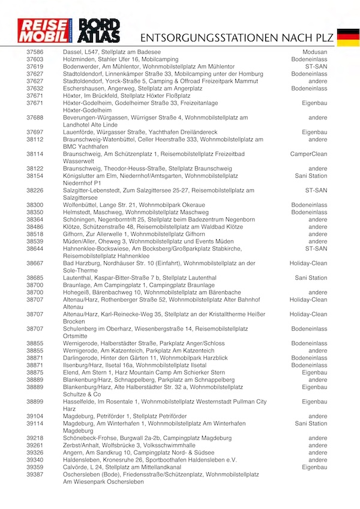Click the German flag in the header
click(347, 37)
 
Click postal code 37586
click(35, 53)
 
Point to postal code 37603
click(35, 60)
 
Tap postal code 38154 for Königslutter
click(35, 176)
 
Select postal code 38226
click(35, 190)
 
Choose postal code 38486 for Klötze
click(35, 227)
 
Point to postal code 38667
click(35, 263)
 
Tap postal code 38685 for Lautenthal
click(35, 278)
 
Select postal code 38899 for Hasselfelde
click(35, 402)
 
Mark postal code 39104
click(35, 416)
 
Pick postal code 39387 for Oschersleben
click(35, 474)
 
